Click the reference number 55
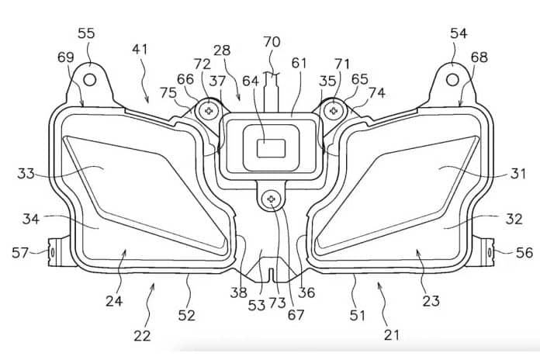86,34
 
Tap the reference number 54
459,34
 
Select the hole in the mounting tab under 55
89,80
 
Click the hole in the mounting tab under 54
452,80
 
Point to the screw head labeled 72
209,111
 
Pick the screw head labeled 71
334,111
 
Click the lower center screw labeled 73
271,199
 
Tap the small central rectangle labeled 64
272,148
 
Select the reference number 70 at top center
272,42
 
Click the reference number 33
26,173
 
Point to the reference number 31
518,173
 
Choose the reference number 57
20,252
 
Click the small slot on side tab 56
489,252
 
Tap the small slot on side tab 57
52,252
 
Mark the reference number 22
142,335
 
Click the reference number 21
392,334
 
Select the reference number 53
257,305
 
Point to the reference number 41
140,49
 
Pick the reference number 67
296,314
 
